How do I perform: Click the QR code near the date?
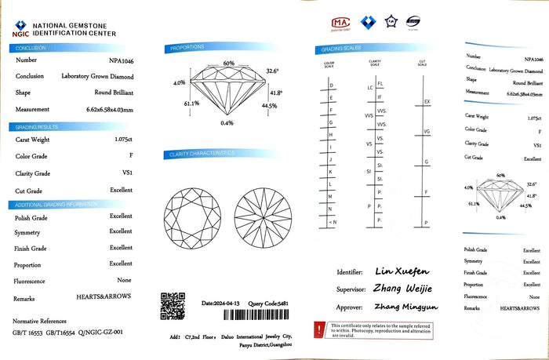point(173,305)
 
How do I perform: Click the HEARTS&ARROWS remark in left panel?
point(104,296)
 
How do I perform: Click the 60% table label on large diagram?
point(228,63)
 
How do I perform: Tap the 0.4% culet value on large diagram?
point(227,123)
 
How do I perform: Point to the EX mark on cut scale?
point(427,102)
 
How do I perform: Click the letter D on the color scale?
point(331,85)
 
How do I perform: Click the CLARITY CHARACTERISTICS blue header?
point(201,154)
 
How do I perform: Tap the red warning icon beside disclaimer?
point(320,329)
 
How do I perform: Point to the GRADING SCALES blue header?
point(337,49)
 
